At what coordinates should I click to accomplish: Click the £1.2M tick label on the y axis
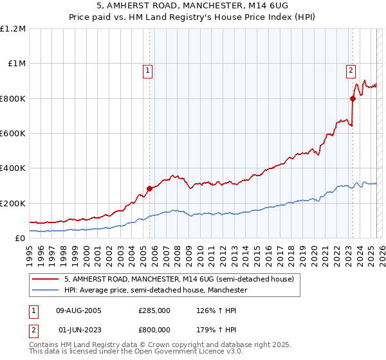13,28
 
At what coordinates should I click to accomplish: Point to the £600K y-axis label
13,133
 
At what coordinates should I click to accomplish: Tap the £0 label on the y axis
20,238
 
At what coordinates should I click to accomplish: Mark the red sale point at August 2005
149,188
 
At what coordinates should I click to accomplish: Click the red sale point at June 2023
353,98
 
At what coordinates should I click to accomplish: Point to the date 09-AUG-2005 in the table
79,310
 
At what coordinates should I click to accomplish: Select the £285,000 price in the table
154,310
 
